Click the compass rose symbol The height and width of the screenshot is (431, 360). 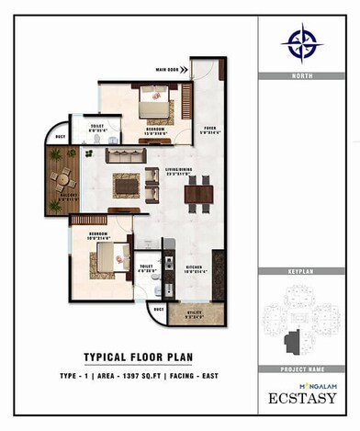pyautogui.click(x=302, y=41)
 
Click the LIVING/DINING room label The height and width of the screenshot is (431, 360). pyautogui.click(x=178, y=172)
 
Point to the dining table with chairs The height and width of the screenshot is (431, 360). pyautogui.click(x=198, y=193)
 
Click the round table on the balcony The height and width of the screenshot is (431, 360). pyautogui.click(x=62, y=179)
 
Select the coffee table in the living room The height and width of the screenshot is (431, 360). pyautogui.click(x=126, y=185)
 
